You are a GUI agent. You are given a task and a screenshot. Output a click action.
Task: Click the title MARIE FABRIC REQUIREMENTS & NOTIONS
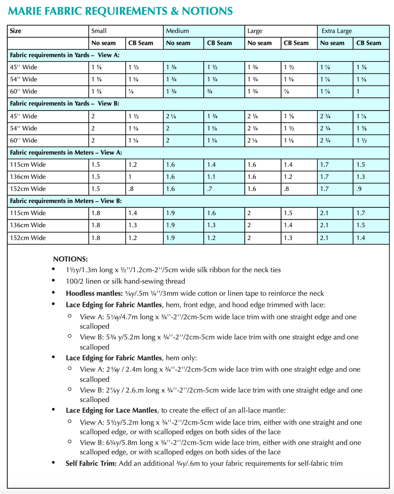point(120,11)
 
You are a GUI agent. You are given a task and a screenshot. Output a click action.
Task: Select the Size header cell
point(15,31)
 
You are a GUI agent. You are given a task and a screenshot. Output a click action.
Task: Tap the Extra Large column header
point(337,31)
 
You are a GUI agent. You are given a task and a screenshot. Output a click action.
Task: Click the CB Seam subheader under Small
point(141,43)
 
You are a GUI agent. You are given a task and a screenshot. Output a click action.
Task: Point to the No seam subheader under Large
point(259,43)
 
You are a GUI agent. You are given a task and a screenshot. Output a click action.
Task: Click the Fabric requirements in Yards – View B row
point(65,104)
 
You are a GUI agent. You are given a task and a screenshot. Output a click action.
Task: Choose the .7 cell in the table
point(210,189)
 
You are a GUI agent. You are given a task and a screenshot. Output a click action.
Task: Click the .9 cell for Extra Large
point(359,189)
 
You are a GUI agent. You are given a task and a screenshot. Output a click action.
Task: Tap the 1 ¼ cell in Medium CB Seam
point(213,79)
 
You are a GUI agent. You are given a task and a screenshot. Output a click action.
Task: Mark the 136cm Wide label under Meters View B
point(28,225)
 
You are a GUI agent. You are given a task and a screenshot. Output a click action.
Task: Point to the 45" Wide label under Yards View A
point(23,67)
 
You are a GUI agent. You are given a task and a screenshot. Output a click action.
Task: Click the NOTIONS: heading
point(70,259)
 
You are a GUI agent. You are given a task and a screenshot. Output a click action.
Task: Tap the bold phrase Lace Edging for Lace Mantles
point(112,411)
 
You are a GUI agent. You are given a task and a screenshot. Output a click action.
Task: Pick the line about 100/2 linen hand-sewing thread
point(126,281)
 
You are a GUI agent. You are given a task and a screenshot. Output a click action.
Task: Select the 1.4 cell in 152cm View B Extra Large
point(361,238)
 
